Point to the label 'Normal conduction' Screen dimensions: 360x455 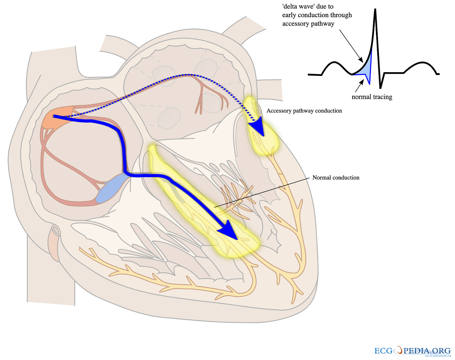tap(336, 177)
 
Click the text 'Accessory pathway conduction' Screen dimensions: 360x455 tap(304, 111)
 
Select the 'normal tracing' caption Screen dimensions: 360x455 tap(372, 97)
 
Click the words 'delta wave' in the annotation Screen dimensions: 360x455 tap(297, 6)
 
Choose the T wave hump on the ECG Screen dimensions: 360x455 tap(421, 64)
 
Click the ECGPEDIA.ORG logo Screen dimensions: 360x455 tap(412, 351)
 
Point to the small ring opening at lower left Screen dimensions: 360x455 tap(56, 230)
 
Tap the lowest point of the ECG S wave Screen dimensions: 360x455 tap(380, 88)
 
